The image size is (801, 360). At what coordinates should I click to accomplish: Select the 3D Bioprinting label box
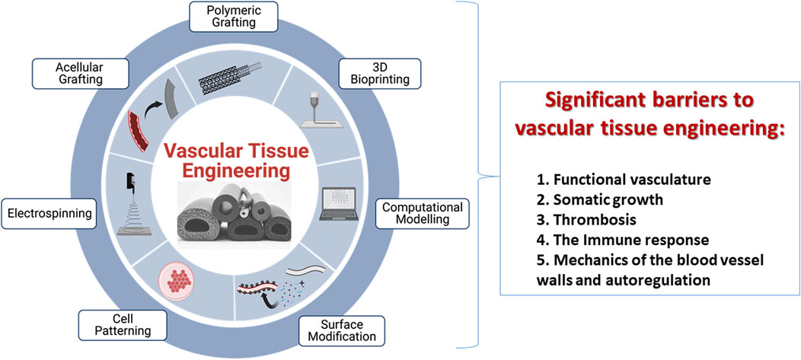tap(375, 72)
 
